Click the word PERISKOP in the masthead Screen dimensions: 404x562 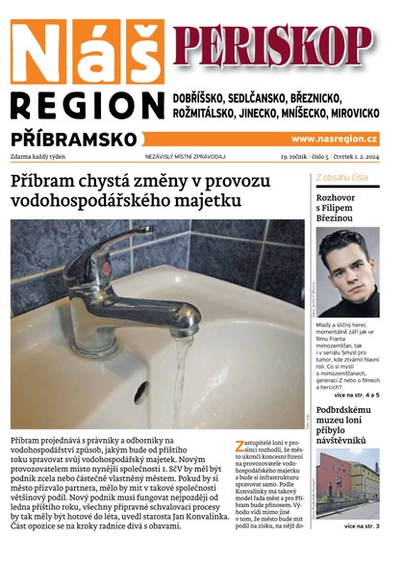pos(273,44)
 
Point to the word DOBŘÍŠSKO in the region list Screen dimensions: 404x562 pos(206,99)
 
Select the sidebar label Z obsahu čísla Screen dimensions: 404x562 pos(341,178)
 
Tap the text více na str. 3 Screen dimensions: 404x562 pos(362,526)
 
